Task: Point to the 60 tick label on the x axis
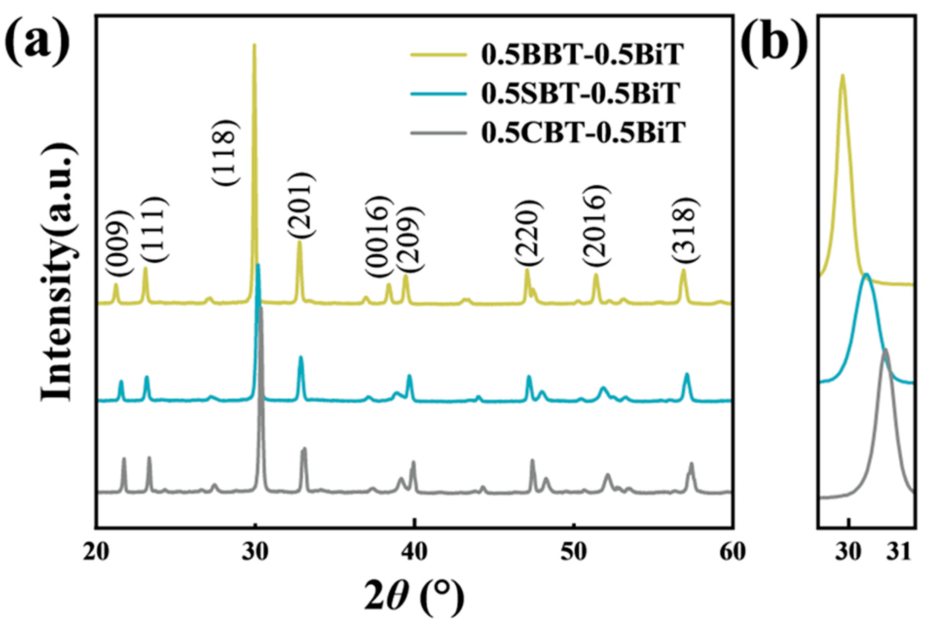pyautogui.click(x=732, y=553)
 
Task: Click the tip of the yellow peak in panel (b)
pyautogui.click(x=842, y=75)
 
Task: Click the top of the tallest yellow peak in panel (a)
pyautogui.click(x=254, y=45)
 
